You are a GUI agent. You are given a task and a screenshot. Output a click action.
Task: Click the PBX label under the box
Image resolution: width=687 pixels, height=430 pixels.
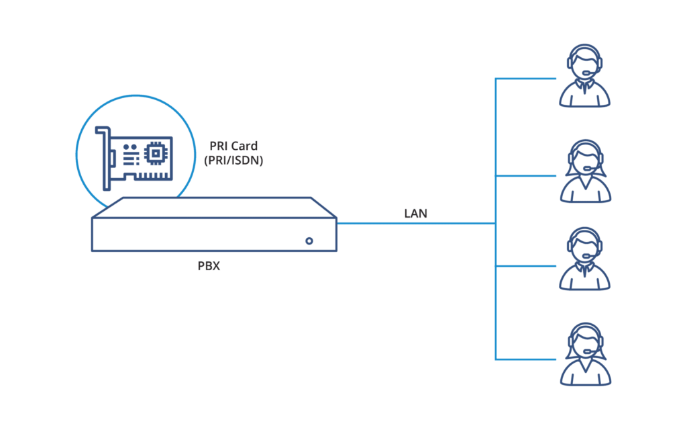point(209,266)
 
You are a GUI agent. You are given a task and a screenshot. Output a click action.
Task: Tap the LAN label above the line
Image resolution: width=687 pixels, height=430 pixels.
point(415,213)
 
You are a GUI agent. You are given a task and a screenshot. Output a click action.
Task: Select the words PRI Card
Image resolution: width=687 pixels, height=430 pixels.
point(233,146)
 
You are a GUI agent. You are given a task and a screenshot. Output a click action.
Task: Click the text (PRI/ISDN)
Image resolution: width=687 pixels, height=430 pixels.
point(233,160)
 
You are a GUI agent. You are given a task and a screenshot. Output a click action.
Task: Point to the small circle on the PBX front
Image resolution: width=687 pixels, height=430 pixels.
point(309,241)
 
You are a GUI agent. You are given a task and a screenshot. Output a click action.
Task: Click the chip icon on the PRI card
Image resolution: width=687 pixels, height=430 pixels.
point(156,154)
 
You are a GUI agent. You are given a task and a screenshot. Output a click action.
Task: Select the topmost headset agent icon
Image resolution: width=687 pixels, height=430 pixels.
point(584,75)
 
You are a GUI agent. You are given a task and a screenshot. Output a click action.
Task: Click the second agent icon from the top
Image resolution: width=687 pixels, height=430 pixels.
point(585,171)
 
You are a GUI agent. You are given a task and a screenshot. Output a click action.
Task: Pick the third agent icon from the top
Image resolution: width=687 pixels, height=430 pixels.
point(584,259)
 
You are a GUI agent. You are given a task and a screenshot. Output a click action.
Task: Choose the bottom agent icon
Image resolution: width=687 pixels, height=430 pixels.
point(585,355)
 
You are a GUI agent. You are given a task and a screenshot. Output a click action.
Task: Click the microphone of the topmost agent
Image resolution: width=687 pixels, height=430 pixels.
point(588,73)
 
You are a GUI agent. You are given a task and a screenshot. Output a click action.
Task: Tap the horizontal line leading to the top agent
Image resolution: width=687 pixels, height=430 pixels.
point(526,79)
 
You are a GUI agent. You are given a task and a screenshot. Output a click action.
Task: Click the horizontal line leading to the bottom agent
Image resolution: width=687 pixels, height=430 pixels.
point(526,360)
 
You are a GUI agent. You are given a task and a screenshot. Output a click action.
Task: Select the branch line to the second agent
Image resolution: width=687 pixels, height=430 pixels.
point(526,176)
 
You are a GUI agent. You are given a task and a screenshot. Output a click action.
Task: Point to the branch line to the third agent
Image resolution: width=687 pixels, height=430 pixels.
point(526,266)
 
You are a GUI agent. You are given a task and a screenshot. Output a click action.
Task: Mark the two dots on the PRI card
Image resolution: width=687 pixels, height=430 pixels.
point(129,147)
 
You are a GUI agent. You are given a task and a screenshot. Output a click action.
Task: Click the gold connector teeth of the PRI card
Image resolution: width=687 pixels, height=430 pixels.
point(154,175)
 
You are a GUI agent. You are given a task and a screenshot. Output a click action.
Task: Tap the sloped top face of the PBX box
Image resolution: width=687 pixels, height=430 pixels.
point(214,208)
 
